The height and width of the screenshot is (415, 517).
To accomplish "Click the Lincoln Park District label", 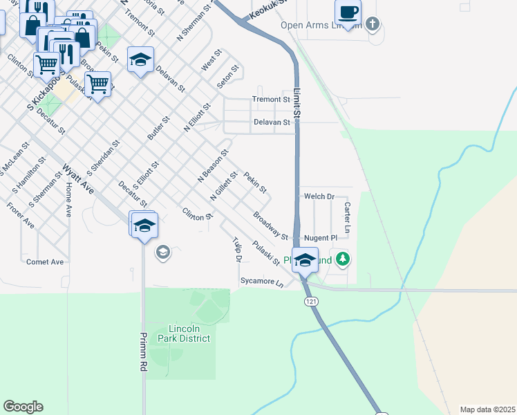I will (184, 333).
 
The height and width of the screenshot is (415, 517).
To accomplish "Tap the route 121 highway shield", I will (310, 302).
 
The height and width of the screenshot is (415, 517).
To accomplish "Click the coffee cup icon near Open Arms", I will (348, 12).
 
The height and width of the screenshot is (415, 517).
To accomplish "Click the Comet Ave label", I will (45, 262).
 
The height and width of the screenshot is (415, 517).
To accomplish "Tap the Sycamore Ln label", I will (262, 282).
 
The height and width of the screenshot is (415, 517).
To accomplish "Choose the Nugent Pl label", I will (321, 237).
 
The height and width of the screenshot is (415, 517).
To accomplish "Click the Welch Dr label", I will (319, 196).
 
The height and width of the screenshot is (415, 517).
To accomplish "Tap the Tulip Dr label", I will (236, 250).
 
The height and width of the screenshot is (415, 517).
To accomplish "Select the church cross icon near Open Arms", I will (373, 25).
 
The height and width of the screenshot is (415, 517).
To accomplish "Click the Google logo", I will (23, 407).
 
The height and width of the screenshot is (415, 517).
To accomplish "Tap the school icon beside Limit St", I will (304, 260).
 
